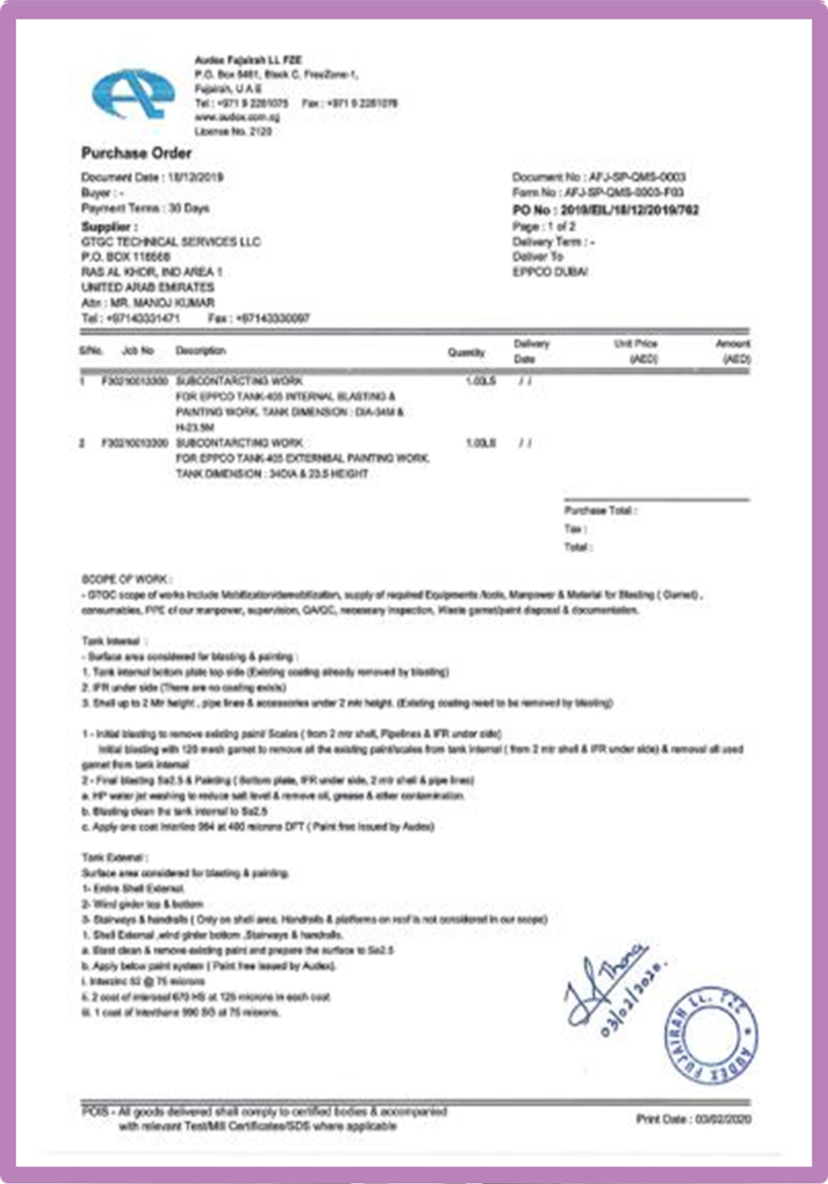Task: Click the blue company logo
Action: click(x=133, y=94)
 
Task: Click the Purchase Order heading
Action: click(x=136, y=153)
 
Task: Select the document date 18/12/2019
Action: click(x=196, y=177)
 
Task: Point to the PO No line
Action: click(x=605, y=210)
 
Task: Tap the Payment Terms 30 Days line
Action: click(x=145, y=208)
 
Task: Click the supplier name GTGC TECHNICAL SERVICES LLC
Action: click(x=170, y=242)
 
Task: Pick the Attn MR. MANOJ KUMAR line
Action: click(x=148, y=302)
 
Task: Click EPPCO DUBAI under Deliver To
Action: click(x=550, y=272)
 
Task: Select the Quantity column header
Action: click(x=465, y=352)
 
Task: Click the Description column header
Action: click(x=201, y=351)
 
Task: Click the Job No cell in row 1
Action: click(x=135, y=381)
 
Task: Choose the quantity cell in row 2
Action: click(x=480, y=443)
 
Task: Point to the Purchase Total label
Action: click(x=600, y=510)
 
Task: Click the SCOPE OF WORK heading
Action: click(x=126, y=579)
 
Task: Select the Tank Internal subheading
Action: click(x=114, y=641)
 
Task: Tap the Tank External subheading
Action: click(x=114, y=858)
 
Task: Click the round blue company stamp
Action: click(x=711, y=1036)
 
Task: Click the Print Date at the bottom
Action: click(x=693, y=1119)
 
